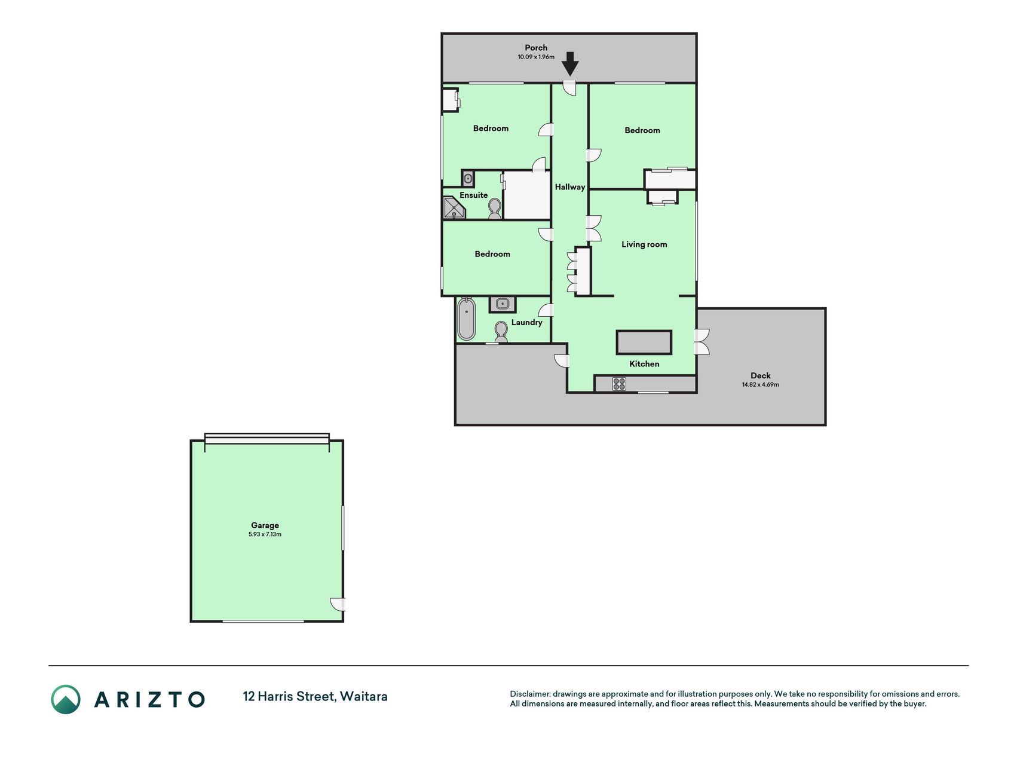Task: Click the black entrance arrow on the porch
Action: point(570,63)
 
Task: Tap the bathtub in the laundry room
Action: point(466,319)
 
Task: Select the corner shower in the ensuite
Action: point(454,207)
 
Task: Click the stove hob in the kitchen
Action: point(619,384)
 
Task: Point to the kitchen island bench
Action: point(644,342)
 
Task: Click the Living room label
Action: point(644,244)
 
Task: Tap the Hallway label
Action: point(570,187)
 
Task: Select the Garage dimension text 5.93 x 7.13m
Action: point(265,534)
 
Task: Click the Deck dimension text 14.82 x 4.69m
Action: point(761,384)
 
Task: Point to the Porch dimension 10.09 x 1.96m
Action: point(536,57)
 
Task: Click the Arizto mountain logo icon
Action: point(66,699)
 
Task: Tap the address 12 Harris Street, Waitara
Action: point(315,697)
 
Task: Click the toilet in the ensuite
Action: point(495,209)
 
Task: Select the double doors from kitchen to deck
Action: point(702,342)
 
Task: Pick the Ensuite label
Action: point(473,195)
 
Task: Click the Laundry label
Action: point(526,322)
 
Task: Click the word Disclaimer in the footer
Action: point(529,694)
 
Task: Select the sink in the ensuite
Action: point(468,178)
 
